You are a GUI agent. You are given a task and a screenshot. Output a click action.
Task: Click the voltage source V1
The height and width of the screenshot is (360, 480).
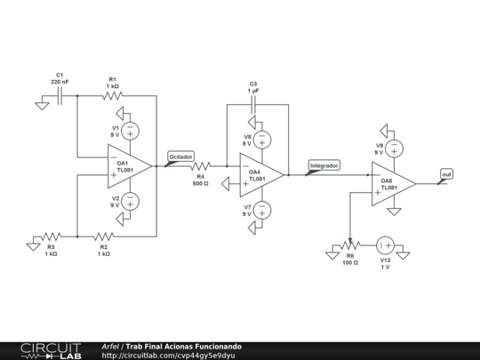click(x=130, y=131)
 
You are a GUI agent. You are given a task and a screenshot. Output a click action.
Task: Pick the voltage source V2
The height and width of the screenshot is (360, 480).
click(x=130, y=201)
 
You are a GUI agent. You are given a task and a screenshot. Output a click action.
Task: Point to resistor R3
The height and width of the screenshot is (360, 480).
click(x=52, y=236)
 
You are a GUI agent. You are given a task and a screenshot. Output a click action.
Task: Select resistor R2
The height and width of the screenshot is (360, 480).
click(x=104, y=236)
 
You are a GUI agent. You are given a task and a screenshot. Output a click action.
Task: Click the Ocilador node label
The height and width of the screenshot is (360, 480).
click(x=180, y=156)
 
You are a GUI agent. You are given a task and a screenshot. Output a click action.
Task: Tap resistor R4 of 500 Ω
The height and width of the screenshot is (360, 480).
click(x=200, y=165)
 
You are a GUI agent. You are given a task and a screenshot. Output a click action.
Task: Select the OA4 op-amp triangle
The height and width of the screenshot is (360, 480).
click(x=261, y=174)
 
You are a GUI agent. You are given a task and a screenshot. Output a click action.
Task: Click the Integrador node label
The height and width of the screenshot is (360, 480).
click(x=324, y=165)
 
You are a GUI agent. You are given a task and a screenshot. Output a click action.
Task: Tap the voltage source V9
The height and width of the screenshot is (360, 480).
click(x=393, y=148)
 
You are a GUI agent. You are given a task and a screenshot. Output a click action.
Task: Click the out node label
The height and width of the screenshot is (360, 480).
click(x=446, y=174)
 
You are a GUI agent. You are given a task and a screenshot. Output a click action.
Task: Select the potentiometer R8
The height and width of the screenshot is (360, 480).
click(x=349, y=244)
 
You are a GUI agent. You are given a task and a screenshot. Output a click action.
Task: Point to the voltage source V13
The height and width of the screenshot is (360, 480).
click(x=384, y=244)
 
